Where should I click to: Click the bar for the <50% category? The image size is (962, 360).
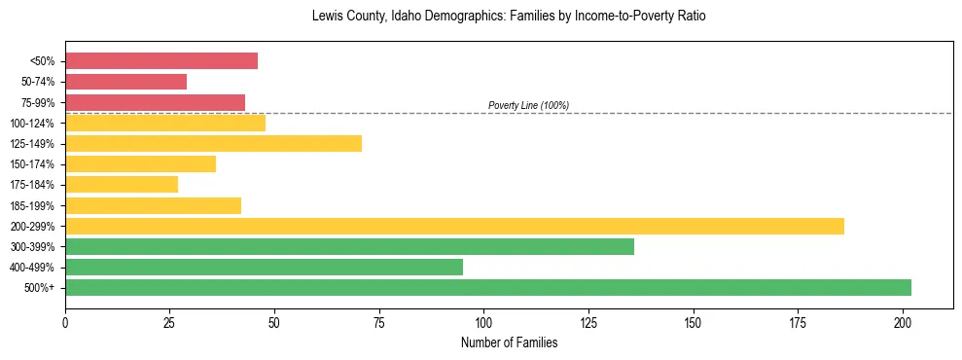pos(161,61)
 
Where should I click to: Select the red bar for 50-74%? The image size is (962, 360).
pos(125,82)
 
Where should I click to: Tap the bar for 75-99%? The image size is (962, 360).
pos(155,102)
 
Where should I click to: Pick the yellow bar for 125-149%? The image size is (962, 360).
pos(213,144)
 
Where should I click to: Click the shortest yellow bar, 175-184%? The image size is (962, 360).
pos(122,185)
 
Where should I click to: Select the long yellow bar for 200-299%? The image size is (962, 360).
pos(454,227)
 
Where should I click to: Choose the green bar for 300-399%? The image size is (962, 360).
pos(349,247)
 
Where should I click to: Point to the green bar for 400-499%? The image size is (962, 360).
pos(264,268)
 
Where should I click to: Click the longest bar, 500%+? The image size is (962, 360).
pos(488,288)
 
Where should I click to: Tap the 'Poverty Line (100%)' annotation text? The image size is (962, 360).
pos(528,105)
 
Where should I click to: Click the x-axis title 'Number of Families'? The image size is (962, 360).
pos(509,342)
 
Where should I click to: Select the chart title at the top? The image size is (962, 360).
pos(509,17)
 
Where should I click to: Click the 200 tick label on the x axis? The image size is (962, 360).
pos(903,319)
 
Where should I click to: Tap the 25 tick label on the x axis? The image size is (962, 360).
pos(170,319)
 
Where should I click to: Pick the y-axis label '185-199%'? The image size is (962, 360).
pos(33,206)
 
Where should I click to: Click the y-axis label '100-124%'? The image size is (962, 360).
pos(33,124)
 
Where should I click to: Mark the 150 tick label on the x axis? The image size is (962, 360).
pos(694,319)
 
